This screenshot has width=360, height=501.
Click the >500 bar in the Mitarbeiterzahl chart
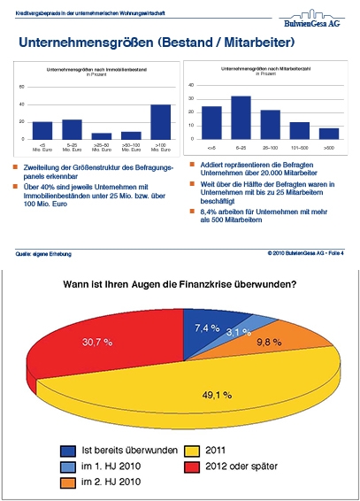[x=328, y=134]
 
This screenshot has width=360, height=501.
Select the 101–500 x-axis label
[x=299, y=146]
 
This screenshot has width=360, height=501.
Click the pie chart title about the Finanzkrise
[x=180, y=283]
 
